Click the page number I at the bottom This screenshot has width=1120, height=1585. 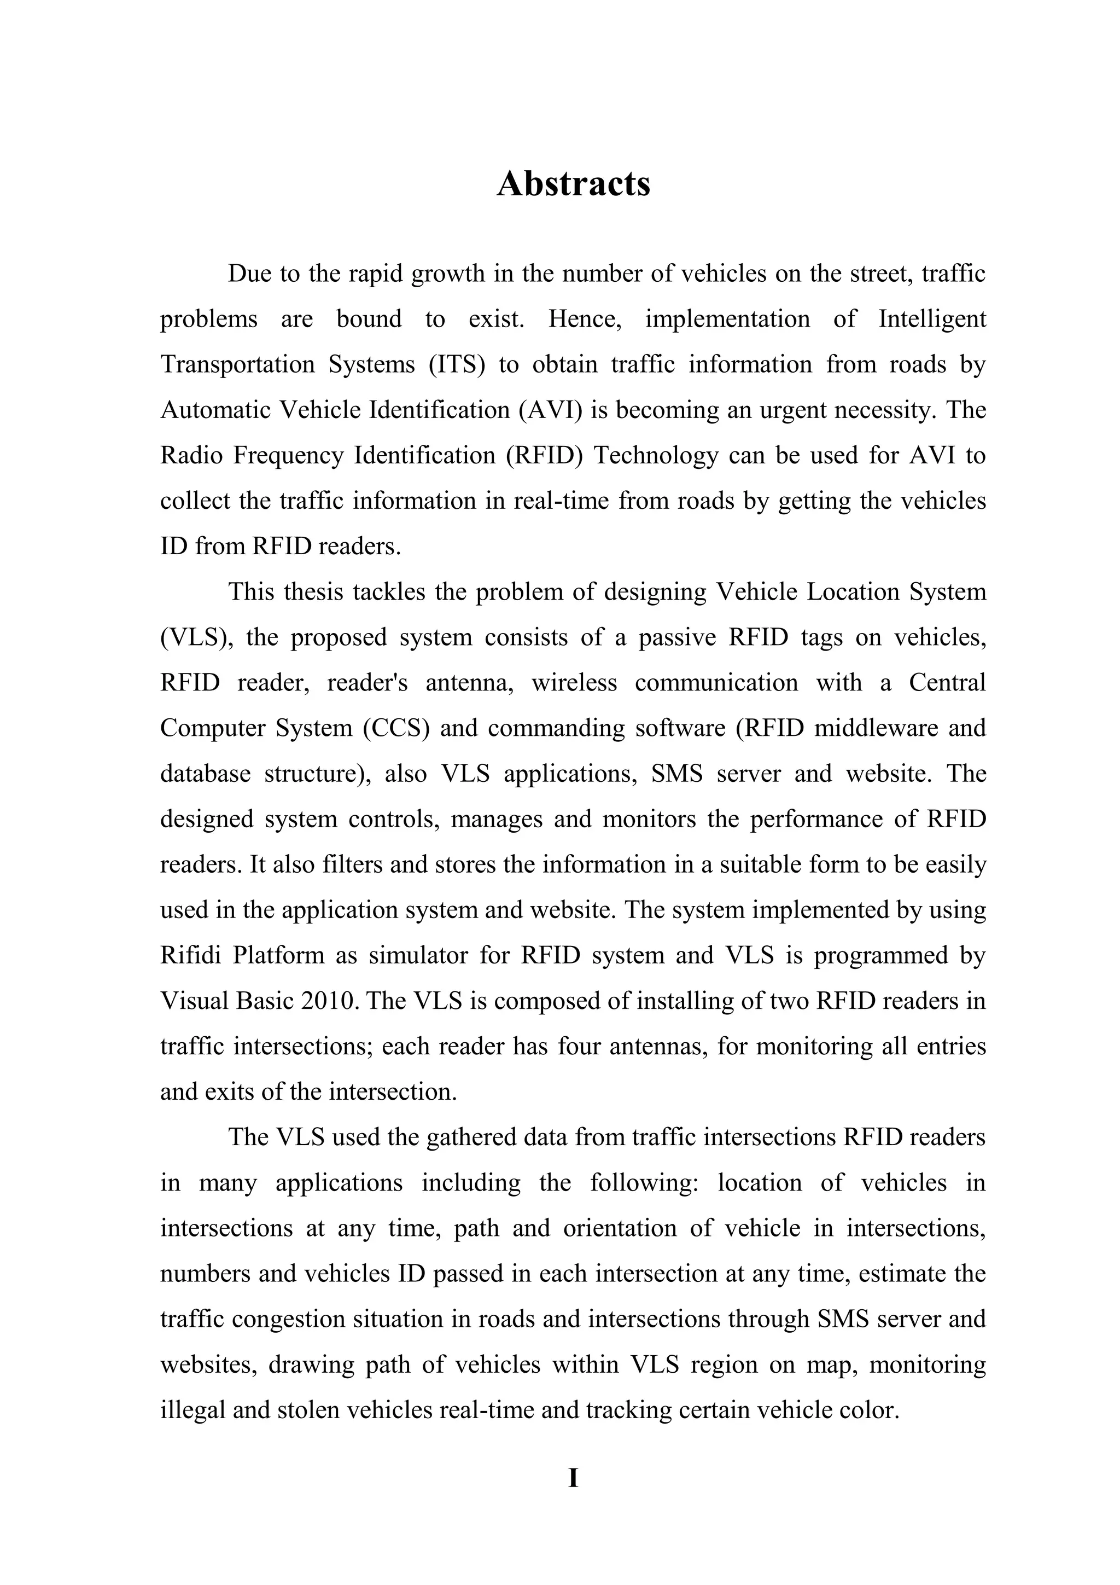(x=573, y=1478)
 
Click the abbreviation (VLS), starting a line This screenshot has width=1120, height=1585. (x=197, y=637)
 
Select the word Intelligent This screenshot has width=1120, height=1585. (x=932, y=319)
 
